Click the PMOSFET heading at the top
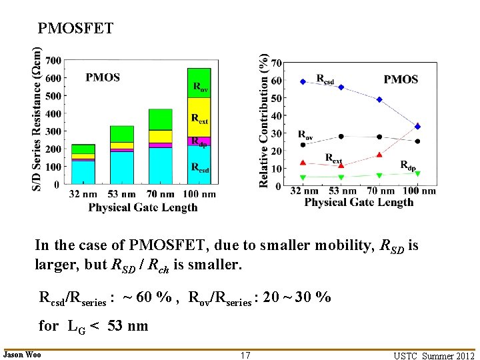click(x=75, y=29)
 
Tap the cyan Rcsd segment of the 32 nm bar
click(x=83, y=172)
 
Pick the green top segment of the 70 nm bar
click(x=160, y=119)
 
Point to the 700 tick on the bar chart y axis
click(x=53, y=61)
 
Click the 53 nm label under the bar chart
click(x=122, y=194)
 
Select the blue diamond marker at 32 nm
click(x=303, y=81)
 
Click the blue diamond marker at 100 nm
click(x=418, y=126)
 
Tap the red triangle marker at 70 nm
click(x=379, y=155)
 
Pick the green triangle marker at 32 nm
click(x=303, y=177)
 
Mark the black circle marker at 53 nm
click(x=341, y=137)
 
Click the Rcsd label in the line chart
click(x=325, y=78)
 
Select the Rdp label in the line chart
click(x=409, y=165)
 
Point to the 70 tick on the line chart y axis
click(x=277, y=64)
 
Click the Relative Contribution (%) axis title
click(x=265, y=120)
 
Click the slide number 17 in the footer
click(x=245, y=355)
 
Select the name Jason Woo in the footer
click(x=22, y=355)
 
